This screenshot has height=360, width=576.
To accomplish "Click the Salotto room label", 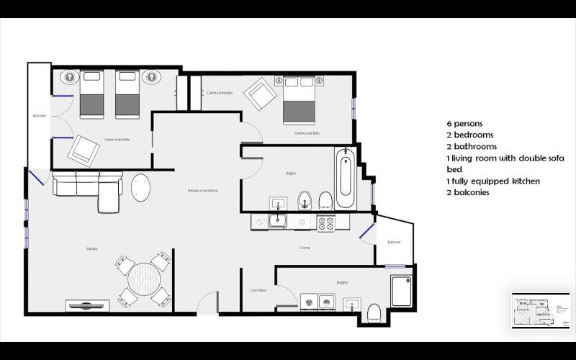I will tap(91, 248).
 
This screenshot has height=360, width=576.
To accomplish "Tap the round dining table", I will tap(144, 276).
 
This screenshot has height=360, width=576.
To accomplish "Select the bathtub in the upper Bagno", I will tap(345, 177).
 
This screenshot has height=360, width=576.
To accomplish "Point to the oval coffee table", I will tap(140, 189).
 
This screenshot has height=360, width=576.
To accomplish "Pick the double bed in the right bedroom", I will tap(298, 100).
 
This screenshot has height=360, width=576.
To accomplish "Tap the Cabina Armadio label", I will tap(220, 93).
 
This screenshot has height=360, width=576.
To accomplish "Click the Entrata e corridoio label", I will tap(202, 190).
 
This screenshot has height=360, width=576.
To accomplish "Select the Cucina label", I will tap(305, 248).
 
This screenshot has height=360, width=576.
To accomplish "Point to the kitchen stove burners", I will tap(325, 222).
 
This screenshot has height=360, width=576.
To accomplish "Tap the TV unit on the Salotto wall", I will tap(87, 305).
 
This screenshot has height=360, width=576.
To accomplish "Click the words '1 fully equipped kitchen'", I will tap(492, 181).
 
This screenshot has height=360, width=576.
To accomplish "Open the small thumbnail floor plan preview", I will tap(539, 310).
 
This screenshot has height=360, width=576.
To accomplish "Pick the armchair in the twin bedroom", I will tap(84, 150).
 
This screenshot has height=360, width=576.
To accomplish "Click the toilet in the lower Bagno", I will tap(374, 312).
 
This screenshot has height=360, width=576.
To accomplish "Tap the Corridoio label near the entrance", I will tap(258, 289).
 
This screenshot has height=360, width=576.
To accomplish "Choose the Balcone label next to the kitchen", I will tap(394, 242).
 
